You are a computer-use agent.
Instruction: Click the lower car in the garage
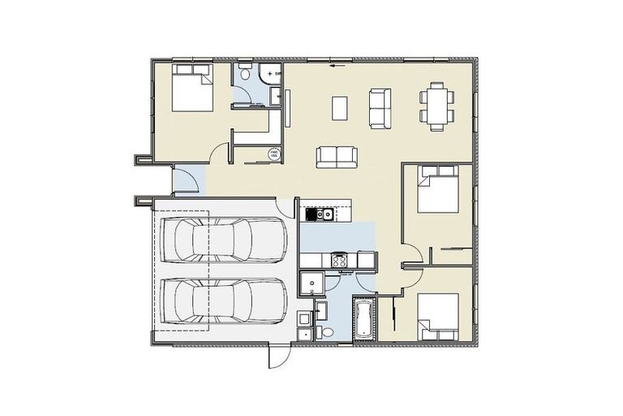click(x=222, y=300)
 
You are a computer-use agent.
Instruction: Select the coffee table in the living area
click(x=341, y=106)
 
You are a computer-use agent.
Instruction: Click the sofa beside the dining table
click(x=379, y=106)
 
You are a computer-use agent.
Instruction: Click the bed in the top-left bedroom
click(x=192, y=90)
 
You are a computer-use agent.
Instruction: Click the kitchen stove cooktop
click(x=338, y=260)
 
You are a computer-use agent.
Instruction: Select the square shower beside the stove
click(x=310, y=282)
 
